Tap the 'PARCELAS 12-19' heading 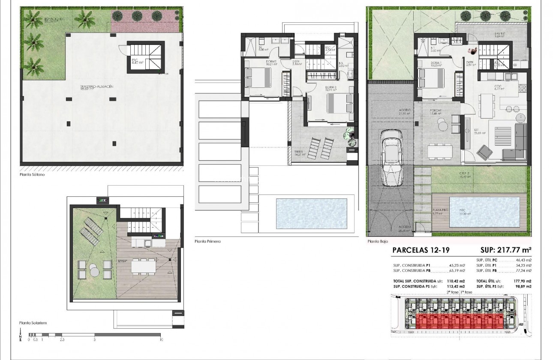coord(421,250)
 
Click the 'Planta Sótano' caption coord(32,174)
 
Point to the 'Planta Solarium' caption coord(33,323)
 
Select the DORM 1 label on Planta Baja coord(436,63)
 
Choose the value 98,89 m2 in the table coord(522,286)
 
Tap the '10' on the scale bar coord(161,339)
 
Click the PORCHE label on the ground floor coord(436,110)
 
